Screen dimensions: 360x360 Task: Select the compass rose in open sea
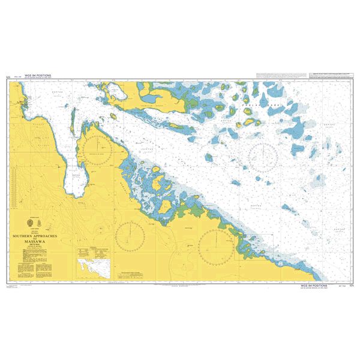click(x=262, y=158)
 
